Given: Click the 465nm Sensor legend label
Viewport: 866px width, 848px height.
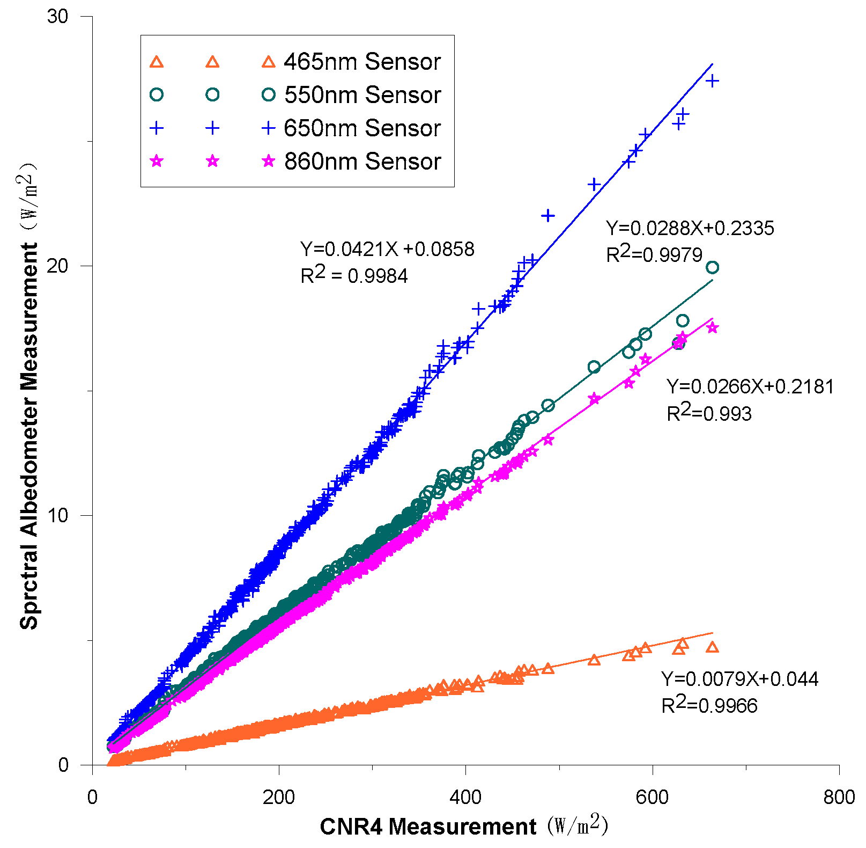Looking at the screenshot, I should (x=362, y=62).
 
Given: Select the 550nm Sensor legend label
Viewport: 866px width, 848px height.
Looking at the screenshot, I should (x=362, y=95).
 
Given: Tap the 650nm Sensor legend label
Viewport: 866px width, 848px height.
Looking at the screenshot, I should (x=362, y=128).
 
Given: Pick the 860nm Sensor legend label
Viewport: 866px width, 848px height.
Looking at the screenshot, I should (x=362, y=162).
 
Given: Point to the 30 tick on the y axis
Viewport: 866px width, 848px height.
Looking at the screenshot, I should (x=58, y=16).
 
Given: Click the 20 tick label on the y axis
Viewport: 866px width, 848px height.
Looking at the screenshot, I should (x=58, y=266).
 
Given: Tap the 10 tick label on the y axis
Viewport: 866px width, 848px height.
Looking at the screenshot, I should (x=58, y=515).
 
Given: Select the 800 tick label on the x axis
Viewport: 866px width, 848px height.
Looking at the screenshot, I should (x=839, y=797).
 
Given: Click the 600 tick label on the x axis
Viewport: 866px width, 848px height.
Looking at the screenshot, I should (x=652, y=797).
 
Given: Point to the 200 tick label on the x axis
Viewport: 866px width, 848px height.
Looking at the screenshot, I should (x=279, y=797).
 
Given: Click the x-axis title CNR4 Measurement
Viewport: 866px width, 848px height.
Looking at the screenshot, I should (x=427, y=827).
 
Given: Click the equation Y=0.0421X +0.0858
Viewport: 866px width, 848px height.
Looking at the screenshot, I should (x=387, y=250).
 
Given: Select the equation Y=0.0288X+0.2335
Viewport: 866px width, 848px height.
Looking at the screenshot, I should (x=690, y=229).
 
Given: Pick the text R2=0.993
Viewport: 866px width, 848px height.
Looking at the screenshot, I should (x=709, y=413).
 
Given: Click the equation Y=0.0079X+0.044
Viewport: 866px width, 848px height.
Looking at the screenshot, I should (x=739, y=679).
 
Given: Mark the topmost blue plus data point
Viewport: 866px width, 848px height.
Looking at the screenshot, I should (x=712, y=81).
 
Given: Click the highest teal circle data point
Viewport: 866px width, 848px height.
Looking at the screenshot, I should (x=712, y=267).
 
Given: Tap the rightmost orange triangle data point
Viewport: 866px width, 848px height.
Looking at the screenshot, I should (x=712, y=647).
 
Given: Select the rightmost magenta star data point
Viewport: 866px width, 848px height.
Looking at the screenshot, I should (x=712, y=327).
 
